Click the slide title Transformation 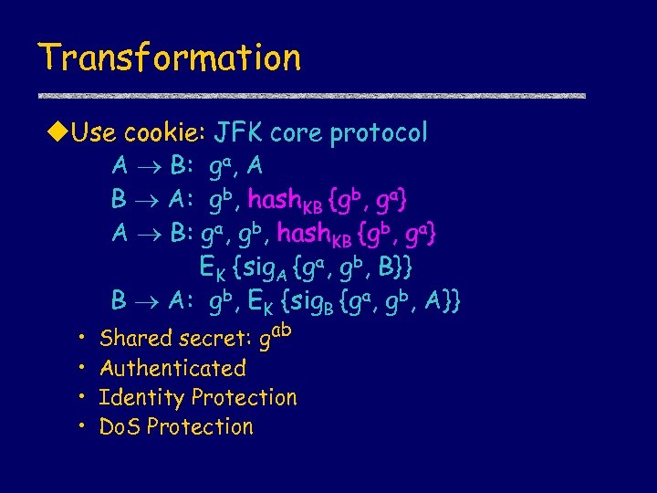pyautogui.click(x=169, y=58)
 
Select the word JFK pyautogui.click(x=238, y=133)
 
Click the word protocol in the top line pyautogui.click(x=379, y=133)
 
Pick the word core pyautogui.click(x=297, y=133)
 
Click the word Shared pyautogui.click(x=137, y=339)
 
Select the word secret pyautogui.click(x=214, y=339)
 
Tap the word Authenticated pyautogui.click(x=172, y=369)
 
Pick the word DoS pyautogui.click(x=119, y=427)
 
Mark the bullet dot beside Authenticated pyautogui.click(x=81, y=369)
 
